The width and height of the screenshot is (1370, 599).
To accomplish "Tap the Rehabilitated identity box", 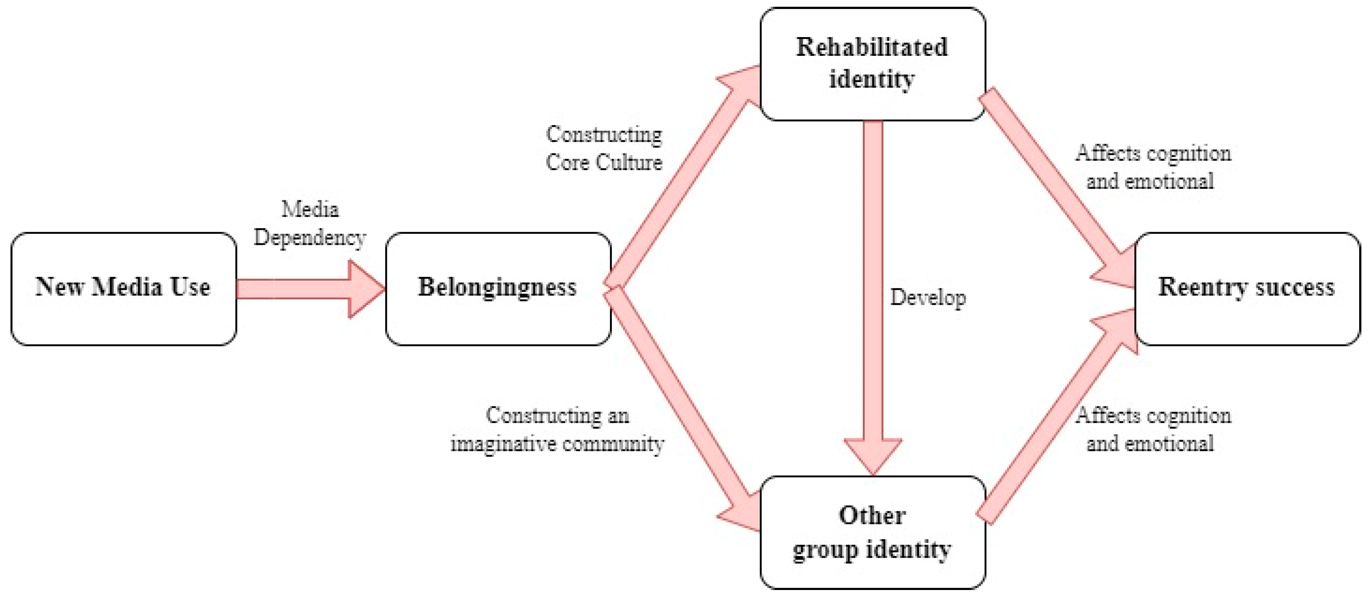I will [x=872, y=64].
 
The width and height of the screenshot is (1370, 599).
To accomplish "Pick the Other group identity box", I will [x=872, y=532].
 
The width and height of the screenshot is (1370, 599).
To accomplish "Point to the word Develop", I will [x=928, y=297].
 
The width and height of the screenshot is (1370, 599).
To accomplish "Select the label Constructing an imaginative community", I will [x=557, y=429].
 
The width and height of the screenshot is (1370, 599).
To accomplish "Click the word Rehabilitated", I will [x=872, y=47].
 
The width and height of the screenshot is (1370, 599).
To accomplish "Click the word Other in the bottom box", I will [x=872, y=515].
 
